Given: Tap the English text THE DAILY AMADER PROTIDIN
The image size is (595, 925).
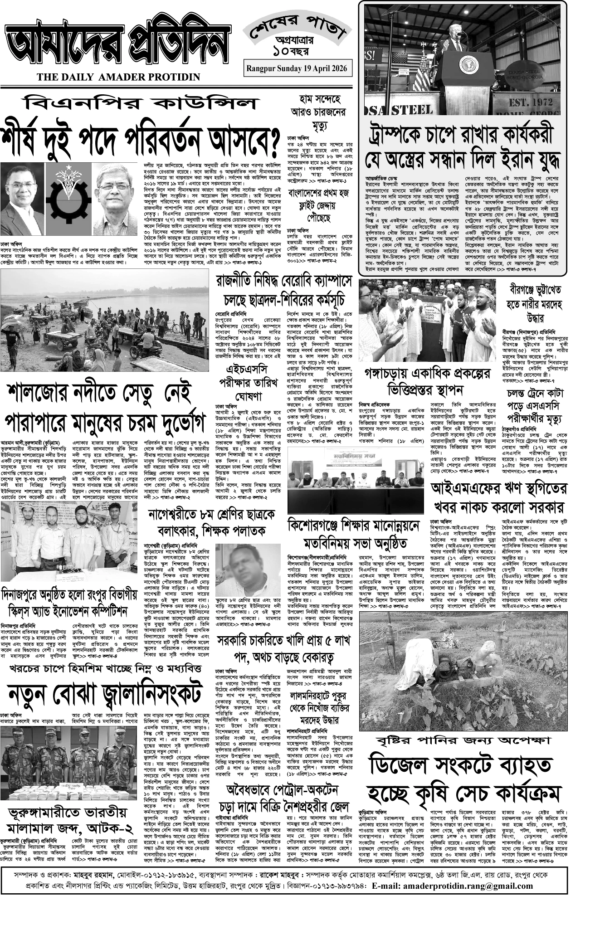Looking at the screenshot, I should [119, 77].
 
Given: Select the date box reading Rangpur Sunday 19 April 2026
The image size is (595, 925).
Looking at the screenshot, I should [297, 68].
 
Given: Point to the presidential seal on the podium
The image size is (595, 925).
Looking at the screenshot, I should [468, 64].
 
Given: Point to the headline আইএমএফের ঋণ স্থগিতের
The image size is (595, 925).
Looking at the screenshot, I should [499, 488].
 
